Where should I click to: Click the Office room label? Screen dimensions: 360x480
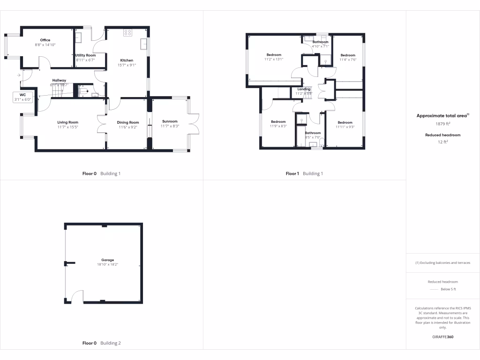point(45,40)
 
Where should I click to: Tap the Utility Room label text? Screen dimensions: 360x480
point(85,55)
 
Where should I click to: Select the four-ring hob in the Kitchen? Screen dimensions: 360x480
point(127,33)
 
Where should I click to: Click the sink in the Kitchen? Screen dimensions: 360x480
point(144,45)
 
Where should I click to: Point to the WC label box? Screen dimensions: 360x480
point(22,97)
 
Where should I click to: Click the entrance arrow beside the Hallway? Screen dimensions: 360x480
point(18,75)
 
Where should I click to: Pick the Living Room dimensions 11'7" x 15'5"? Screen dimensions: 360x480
point(67,127)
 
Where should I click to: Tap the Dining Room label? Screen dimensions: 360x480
point(128,122)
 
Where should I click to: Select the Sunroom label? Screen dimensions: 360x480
point(169,121)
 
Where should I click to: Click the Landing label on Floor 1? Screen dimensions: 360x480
point(304,89)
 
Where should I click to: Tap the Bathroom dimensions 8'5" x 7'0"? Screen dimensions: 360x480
point(313,137)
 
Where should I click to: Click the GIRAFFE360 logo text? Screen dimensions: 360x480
point(442,337)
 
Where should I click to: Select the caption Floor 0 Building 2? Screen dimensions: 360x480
point(102,343)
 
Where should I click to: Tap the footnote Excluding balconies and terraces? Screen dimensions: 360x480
point(442,262)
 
